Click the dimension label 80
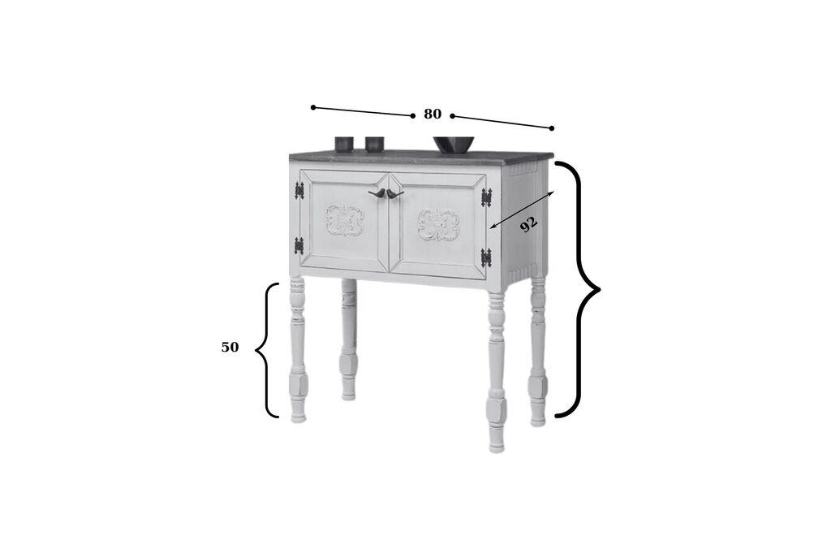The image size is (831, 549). [433, 115]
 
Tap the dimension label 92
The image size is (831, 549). [528, 223]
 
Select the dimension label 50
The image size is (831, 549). [230, 348]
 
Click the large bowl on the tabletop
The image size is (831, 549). [453, 145]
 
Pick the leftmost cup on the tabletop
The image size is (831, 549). [344, 144]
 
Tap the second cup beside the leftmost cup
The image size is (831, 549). [374, 144]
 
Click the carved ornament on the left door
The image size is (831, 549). [345, 220]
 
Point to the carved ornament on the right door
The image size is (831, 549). [438, 224]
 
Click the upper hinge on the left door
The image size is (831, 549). [299, 190]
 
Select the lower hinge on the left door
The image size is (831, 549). [299, 245]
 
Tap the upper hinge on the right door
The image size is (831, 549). [486, 197]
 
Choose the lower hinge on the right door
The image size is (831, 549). [485, 257]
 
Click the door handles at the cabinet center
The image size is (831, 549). [385, 194]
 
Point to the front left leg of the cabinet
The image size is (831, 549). [298, 349]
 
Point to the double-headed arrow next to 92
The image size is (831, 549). [522, 210]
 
